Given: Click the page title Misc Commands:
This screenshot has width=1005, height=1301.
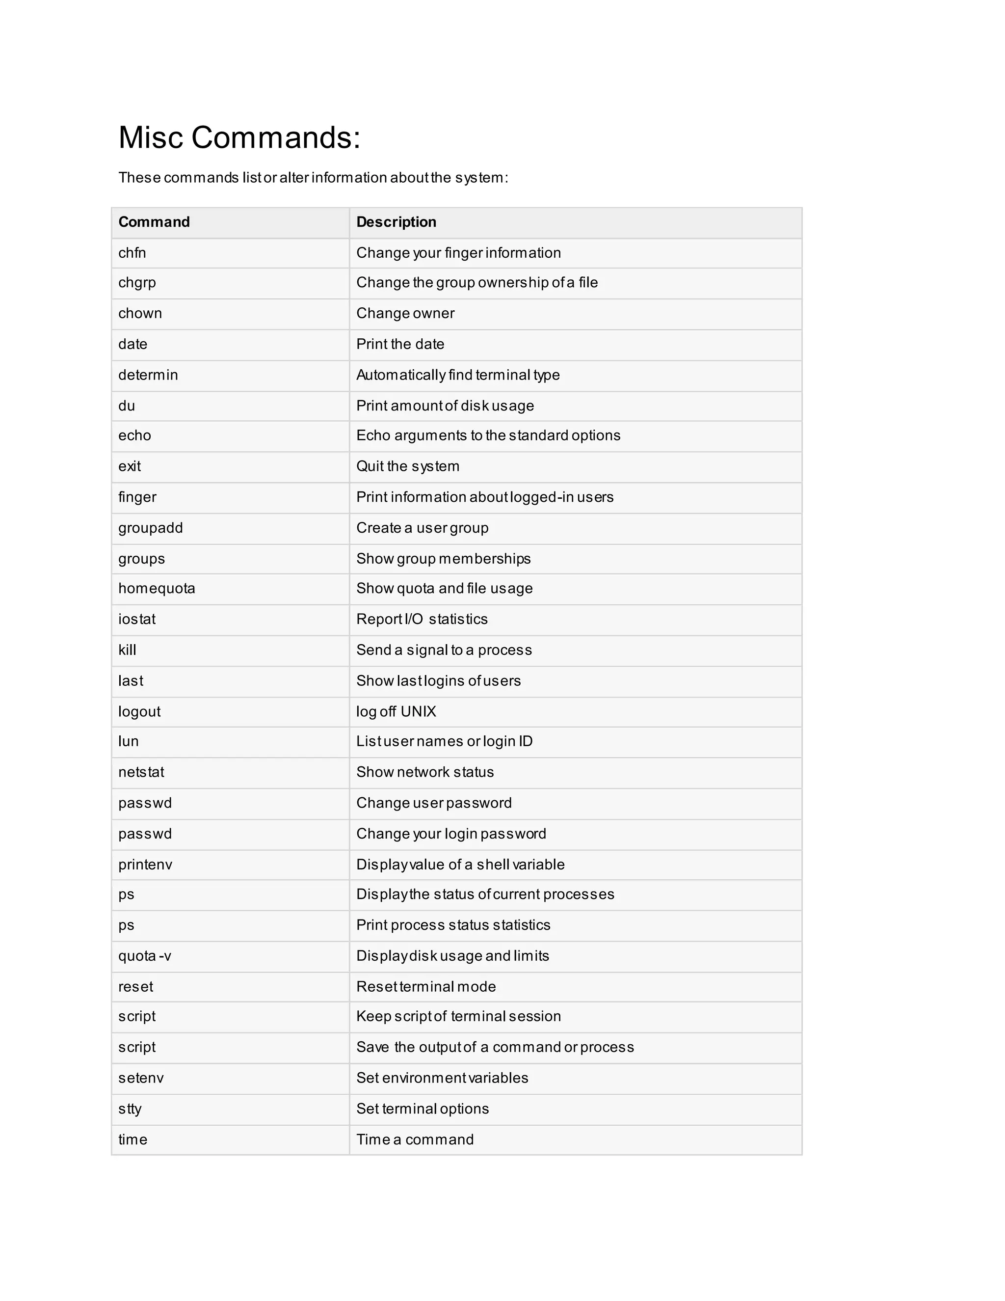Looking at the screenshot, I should (239, 137).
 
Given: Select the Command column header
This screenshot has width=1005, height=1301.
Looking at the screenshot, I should (154, 222).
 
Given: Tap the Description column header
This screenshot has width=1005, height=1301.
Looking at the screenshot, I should (396, 222).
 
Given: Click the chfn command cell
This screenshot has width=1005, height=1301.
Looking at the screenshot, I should (132, 253).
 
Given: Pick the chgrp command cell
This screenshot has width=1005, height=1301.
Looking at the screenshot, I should (137, 283).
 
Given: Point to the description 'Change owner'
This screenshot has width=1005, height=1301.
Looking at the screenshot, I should (405, 314).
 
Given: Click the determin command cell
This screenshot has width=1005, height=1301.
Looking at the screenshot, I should (148, 375).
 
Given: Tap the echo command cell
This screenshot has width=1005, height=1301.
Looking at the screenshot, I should (134, 436).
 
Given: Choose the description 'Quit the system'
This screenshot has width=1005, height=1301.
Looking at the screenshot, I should (408, 466).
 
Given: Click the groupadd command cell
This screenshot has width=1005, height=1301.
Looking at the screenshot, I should (151, 528).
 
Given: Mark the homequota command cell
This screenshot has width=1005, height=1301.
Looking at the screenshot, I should (157, 589).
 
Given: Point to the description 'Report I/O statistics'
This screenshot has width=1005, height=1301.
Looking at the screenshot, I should (422, 620).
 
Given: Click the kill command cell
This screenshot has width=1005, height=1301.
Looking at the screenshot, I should (128, 650).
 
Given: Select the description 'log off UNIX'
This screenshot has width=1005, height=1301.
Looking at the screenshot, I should (396, 712).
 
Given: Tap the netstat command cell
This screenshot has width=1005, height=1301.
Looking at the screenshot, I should (141, 773).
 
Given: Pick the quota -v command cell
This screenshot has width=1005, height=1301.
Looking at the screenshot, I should (145, 956).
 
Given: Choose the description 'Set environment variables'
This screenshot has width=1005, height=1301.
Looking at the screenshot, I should (442, 1078).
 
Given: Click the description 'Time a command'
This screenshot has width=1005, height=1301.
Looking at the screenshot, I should (415, 1139).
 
